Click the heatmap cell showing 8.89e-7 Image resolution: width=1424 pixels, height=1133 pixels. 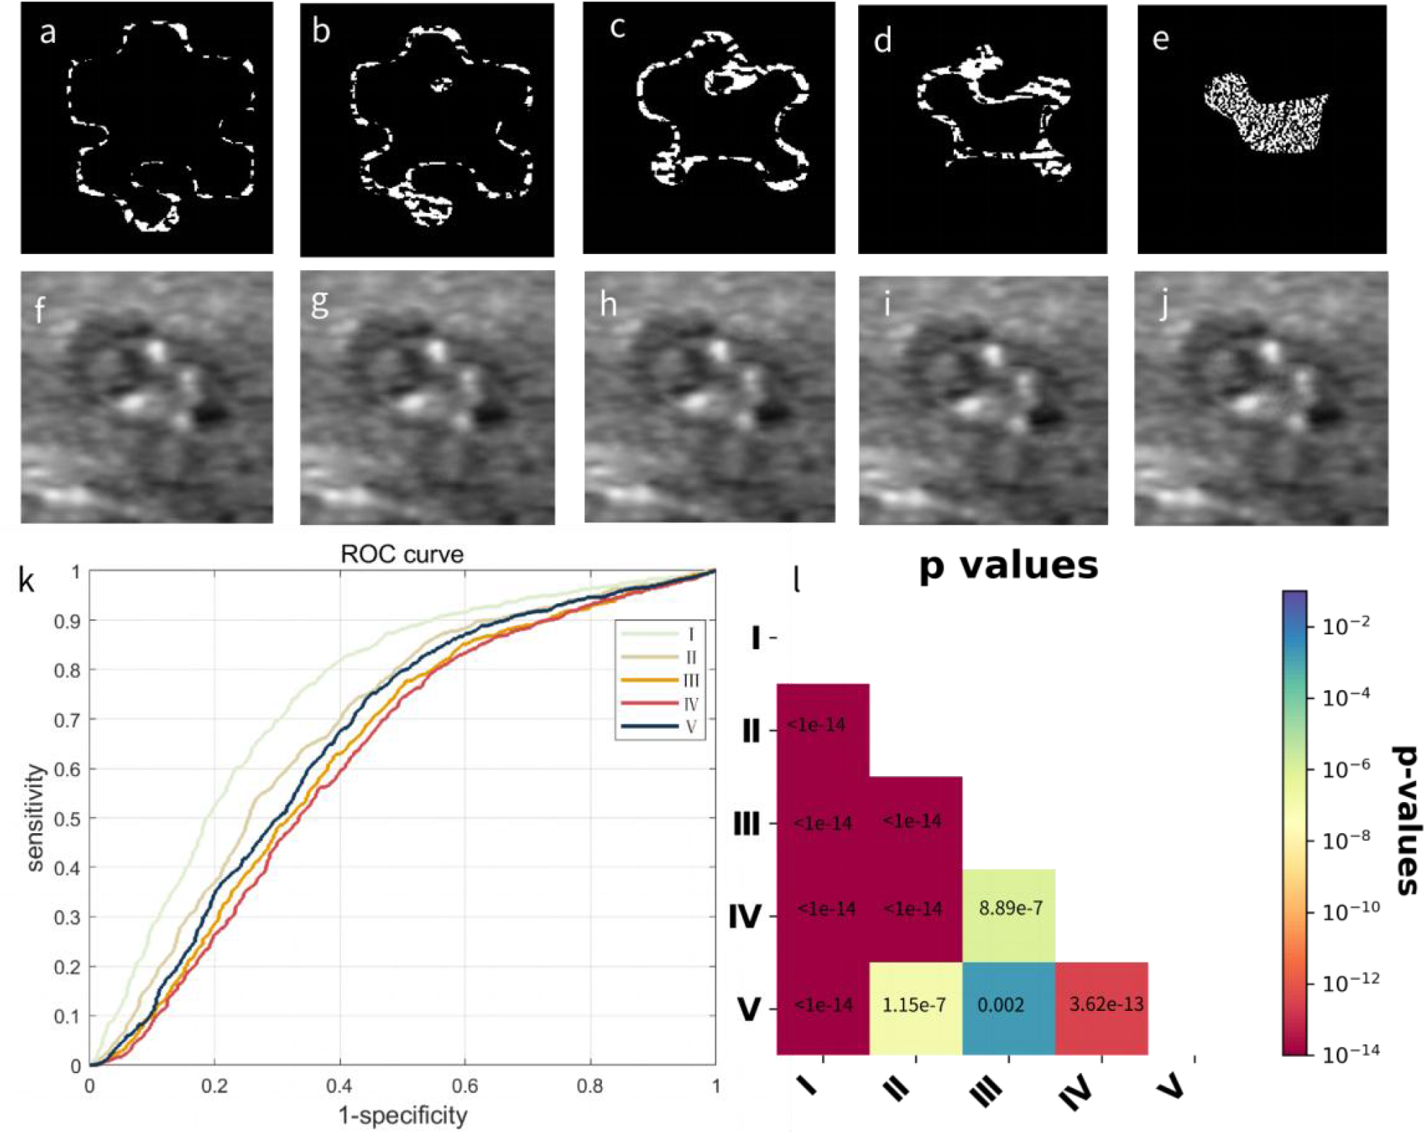coord(1010,909)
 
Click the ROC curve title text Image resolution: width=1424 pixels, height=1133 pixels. coord(402,555)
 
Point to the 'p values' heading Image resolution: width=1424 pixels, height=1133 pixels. coord(1008,566)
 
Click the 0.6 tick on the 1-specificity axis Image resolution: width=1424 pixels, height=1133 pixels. coord(464,1086)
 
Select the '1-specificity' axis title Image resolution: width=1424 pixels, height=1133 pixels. coord(403,1116)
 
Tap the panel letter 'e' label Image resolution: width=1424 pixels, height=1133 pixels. coord(1160,39)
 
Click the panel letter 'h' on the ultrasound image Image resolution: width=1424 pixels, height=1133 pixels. coord(608,305)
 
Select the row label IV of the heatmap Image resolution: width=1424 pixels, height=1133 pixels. coord(745,917)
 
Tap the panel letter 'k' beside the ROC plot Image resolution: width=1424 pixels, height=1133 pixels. coord(27,580)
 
